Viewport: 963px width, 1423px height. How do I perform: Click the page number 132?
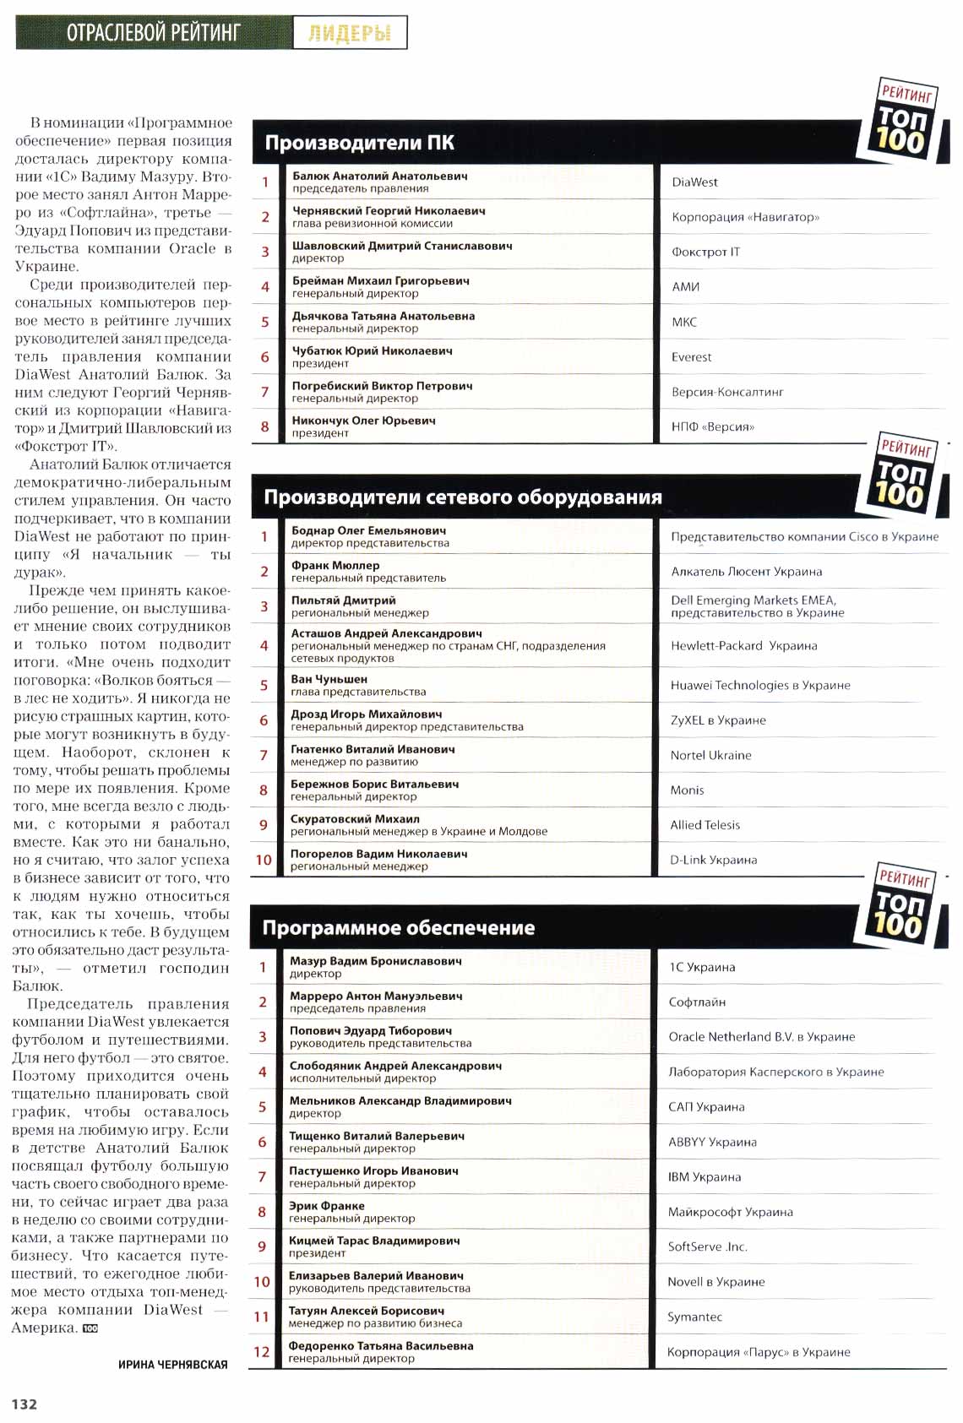pos(24,1404)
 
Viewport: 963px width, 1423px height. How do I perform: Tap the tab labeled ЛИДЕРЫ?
pos(350,34)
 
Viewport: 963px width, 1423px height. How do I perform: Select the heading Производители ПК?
pos(359,143)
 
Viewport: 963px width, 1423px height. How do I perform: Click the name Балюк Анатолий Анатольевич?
pos(379,177)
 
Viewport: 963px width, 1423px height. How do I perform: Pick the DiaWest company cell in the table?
pos(694,182)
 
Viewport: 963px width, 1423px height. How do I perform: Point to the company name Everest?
pos(691,357)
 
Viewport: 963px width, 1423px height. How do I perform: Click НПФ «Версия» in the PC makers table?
pos(712,427)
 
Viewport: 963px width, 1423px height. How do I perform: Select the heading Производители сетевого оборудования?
pos(462,497)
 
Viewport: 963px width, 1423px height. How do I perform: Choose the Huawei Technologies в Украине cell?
pos(759,686)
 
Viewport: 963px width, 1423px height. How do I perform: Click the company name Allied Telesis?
pos(705,825)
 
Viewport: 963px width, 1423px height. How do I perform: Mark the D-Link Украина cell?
pos(713,861)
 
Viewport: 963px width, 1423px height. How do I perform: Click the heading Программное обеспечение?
pos(398,928)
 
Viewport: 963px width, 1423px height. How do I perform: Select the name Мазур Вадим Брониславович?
pos(376,961)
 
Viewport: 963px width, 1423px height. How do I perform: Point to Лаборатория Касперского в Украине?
pos(775,1073)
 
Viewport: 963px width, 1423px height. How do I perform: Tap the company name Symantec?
pos(694,1317)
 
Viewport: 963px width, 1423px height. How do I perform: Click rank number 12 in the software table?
pos(262,1352)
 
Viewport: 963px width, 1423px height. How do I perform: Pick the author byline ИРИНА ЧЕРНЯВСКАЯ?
pos(172,1365)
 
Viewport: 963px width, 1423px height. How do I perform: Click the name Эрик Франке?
pos(327,1206)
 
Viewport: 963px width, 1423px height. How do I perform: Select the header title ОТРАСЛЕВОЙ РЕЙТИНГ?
pos(154,33)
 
